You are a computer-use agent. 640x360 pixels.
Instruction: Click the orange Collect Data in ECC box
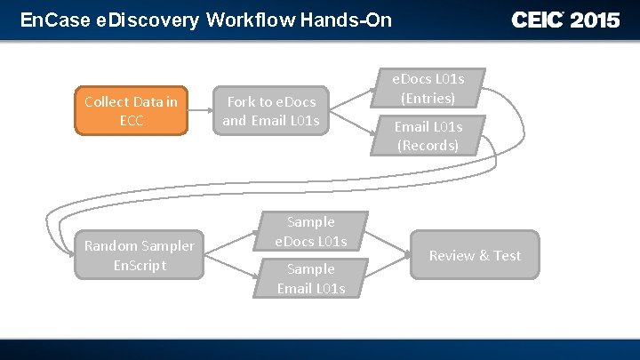(131, 111)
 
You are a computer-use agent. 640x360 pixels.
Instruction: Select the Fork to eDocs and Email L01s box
(271, 111)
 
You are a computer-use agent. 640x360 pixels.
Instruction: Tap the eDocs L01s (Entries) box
(428, 88)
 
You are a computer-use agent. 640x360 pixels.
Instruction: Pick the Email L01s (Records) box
(428, 136)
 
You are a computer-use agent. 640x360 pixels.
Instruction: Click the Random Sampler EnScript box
(139, 255)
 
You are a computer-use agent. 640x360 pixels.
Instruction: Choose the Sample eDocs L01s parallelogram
(310, 231)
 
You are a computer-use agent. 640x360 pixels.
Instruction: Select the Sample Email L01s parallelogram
(310, 278)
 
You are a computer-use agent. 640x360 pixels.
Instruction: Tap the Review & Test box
(475, 255)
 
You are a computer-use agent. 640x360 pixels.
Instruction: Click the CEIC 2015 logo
(565, 20)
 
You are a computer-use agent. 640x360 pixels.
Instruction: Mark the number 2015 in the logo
(595, 20)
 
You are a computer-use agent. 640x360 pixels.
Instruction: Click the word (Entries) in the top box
(428, 98)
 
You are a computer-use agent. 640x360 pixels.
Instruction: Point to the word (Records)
(428, 146)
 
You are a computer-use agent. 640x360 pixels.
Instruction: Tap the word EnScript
(139, 265)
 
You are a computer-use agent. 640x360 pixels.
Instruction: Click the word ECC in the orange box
(131, 121)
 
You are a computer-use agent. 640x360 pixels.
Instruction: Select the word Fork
(243, 101)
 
